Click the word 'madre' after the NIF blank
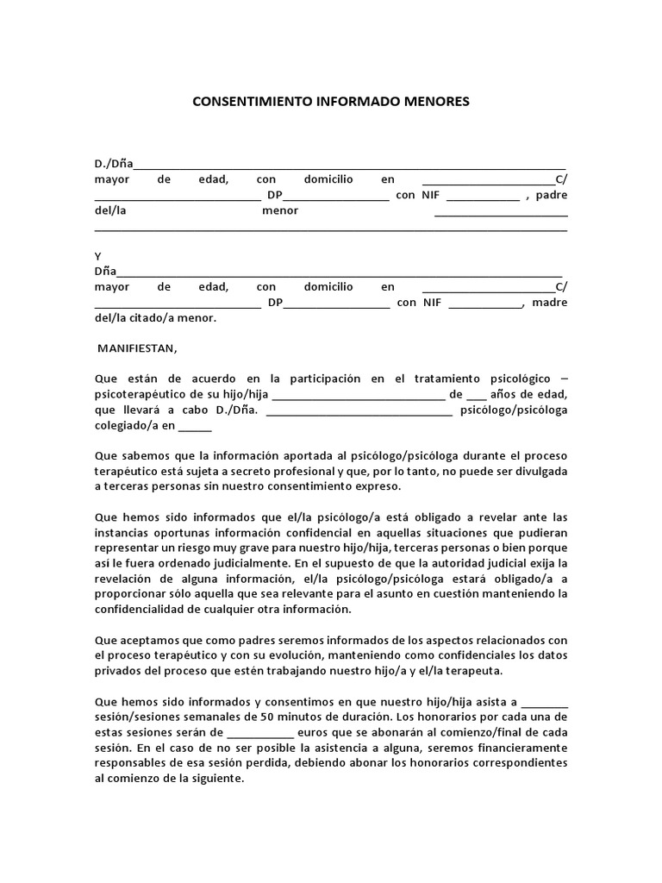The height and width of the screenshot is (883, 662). tap(550, 303)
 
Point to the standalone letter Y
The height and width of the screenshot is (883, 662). tap(98, 256)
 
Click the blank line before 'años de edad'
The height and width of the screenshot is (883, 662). tap(476, 394)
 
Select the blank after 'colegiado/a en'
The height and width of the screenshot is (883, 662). tap(195, 425)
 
